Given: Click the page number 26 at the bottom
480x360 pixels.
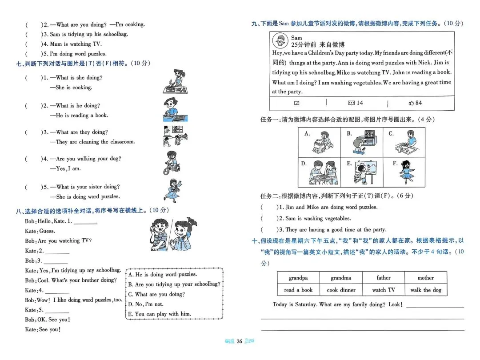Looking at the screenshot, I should (239, 341).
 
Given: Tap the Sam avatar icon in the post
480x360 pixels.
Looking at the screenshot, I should (280, 41).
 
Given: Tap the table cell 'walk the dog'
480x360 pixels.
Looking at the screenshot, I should (425, 290).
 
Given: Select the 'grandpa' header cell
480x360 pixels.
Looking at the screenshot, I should (298, 278).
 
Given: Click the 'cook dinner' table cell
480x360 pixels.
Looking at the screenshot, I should (341, 290).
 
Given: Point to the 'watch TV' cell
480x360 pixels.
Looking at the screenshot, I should (383, 290).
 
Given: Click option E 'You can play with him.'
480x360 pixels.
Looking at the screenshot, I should (160, 314).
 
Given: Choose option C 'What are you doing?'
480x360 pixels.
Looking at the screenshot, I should (156, 294).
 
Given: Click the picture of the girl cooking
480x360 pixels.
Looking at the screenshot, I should (174, 81).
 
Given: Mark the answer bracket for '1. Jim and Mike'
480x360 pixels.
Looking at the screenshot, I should (268, 207).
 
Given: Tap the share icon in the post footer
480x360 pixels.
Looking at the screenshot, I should (297, 103).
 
